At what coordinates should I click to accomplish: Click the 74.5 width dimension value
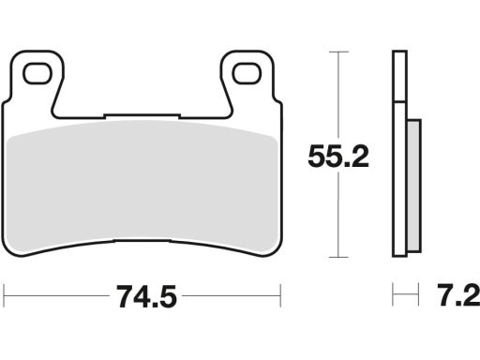click(x=146, y=296)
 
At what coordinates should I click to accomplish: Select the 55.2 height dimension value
click(x=338, y=157)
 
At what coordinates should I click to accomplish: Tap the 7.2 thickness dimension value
click(x=458, y=295)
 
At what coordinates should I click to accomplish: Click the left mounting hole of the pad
click(x=37, y=73)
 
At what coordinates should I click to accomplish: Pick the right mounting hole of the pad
click(x=247, y=73)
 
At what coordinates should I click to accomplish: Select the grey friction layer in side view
click(x=414, y=186)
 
